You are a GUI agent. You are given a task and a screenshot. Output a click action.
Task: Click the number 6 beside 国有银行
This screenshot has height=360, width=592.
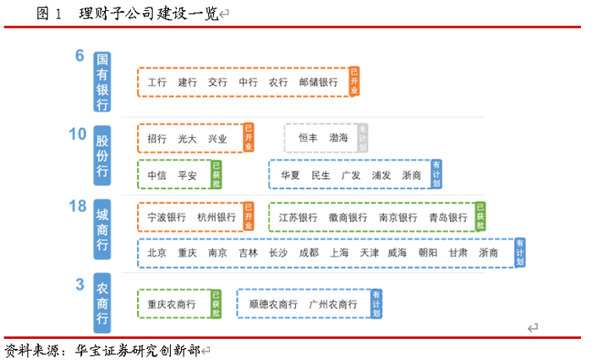pyautogui.click(x=79, y=57)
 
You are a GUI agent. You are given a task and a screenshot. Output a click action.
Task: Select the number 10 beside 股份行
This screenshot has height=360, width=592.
pyautogui.click(x=77, y=134)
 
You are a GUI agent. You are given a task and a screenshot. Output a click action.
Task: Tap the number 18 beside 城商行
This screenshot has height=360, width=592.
pyautogui.click(x=77, y=206)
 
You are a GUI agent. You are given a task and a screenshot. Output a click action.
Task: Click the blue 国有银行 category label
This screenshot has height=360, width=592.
pyautogui.click(x=102, y=82)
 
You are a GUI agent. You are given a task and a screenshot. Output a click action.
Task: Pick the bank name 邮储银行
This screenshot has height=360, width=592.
pyautogui.click(x=318, y=83)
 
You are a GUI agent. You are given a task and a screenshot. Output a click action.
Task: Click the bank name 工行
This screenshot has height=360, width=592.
pyautogui.click(x=156, y=83)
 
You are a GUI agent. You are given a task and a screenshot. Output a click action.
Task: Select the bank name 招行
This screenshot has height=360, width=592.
pyautogui.click(x=156, y=138)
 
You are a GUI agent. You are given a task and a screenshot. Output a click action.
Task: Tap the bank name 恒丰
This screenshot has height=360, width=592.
pyautogui.click(x=308, y=138)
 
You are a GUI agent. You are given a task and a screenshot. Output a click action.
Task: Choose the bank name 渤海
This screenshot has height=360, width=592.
pyautogui.click(x=339, y=138)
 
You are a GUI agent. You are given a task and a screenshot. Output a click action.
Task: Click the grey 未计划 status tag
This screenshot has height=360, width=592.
pyautogui.click(x=362, y=138)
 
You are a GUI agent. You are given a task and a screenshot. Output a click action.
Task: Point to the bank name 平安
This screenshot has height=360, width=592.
pyautogui.click(x=187, y=175)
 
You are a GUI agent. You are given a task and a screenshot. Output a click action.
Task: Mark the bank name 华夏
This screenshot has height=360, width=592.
pyautogui.click(x=290, y=175)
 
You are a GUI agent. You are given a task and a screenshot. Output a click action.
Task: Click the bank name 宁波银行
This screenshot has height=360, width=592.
pyautogui.click(x=166, y=217)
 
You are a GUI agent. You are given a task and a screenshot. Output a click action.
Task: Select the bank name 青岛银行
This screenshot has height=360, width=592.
pyautogui.click(x=447, y=217)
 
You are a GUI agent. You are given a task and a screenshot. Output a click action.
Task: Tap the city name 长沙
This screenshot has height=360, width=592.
pyautogui.click(x=278, y=253)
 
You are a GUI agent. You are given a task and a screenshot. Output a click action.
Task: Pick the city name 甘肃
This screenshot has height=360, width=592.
pyautogui.click(x=458, y=253)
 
